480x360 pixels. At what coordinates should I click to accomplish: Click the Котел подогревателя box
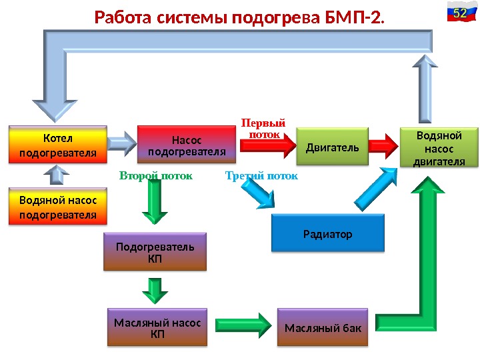click(x=57, y=145)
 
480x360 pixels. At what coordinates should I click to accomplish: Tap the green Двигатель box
click(x=332, y=146)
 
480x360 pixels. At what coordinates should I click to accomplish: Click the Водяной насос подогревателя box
click(x=58, y=207)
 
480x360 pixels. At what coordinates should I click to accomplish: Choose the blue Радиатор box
click(x=328, y=233)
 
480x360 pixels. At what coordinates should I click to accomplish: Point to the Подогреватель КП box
click(x=155, y=251)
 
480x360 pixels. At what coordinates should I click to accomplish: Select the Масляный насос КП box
click(x=157, y=327)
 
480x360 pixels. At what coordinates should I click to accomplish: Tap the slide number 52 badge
click(x=459, y=13)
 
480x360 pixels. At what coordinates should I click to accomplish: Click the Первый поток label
click(x=263, y=129)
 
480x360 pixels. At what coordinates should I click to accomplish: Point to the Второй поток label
click(x=155, y=177)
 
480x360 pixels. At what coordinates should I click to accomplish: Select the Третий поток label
click(x=261, y=177)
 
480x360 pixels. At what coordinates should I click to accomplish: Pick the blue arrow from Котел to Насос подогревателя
click(x=121, y=142)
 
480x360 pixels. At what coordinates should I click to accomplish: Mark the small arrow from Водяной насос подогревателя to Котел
click(x=57, y=174)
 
